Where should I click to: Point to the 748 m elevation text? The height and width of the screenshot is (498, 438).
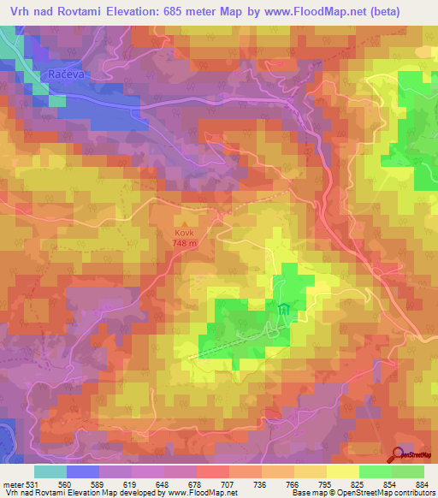point(186,243)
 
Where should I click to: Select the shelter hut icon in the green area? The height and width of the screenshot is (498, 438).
point(283,311)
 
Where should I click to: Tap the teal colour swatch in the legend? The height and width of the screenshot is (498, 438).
point(50,471)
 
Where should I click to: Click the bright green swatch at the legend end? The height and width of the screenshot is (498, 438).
point(407,471)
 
